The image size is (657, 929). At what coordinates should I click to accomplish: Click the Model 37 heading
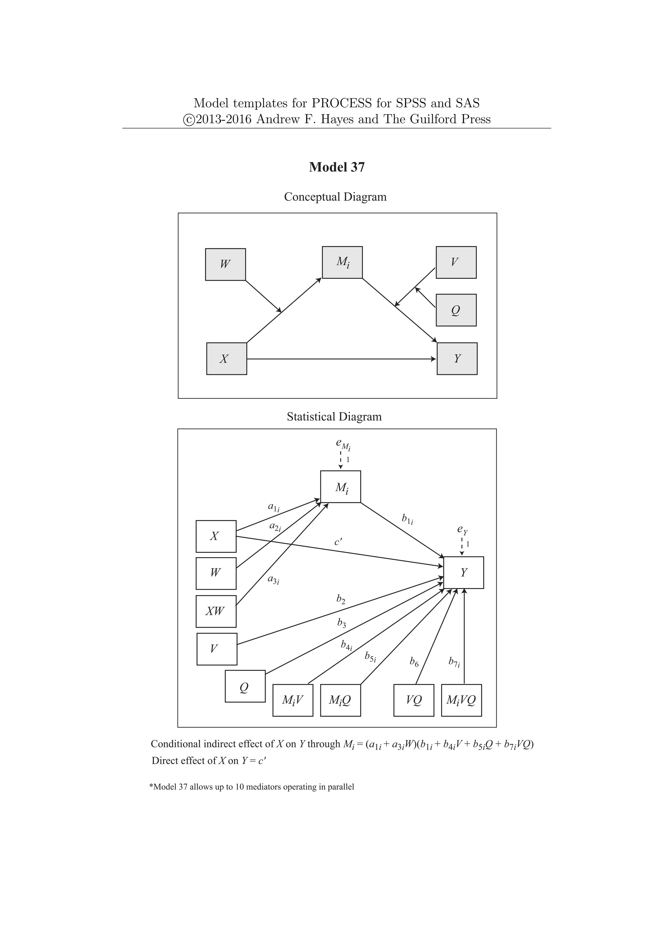(337, 167)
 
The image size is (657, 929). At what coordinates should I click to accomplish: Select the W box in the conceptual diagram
(225, 264)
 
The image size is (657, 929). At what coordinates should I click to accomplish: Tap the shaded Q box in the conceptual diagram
(456, 310)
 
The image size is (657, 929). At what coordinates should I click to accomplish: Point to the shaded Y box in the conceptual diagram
(457, 359)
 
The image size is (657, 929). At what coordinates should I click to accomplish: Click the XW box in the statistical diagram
(216, 611)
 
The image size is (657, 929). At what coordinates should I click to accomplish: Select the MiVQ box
(461, 700)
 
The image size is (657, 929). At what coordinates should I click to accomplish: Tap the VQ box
(414, 700)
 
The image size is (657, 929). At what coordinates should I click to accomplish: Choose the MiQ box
(340, 700)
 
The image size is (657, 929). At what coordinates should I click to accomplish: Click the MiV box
(293, 700)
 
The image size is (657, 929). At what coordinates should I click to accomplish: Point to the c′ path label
(338, 542)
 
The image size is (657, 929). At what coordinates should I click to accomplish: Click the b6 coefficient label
(414, 662)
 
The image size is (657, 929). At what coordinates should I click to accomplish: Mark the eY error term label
(462, 529)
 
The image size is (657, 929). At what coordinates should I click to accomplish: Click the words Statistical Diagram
(334, 417)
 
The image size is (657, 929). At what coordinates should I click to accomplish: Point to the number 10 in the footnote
(239, 787)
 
